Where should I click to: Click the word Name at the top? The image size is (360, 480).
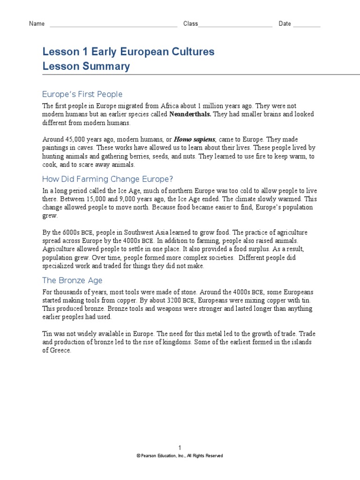pyautogui.click(x=37, y=24)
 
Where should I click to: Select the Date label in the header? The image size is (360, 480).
pyautogui.click(x=285, y=24)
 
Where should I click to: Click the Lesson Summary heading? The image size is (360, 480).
pyautogui.click(x=86, y=67)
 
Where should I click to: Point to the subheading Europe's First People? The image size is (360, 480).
pyautogui.click(x=82, y=94)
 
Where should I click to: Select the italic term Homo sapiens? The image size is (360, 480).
pyautogui.click(x=194, y=140)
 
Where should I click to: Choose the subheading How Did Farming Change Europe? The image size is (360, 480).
pyautogui.click(x=108, y=179)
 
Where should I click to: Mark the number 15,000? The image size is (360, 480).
pyautogui.click(x=96, y=199)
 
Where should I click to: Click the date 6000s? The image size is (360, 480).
pyautogui.click(x=70, y=233)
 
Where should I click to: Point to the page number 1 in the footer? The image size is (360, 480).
pyautogui.click(x=180, y=448)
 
